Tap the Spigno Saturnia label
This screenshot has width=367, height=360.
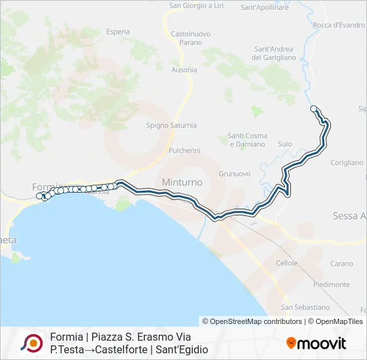pyautogui.click(x=171, y=125)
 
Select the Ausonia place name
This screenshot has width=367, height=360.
pyautogui.click(x=184, y=69)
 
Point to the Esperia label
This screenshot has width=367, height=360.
pyautogui.click(x=117, y=31)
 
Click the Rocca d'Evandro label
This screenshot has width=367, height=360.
pyautogui.click(x=339, y=25)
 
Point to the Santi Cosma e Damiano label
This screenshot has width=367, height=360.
pyautogui.click(x=248, y=140)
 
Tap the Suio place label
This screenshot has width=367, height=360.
pyautogui.click(x=285, y=143)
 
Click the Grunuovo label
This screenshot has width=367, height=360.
pyautogui.click(x=234, y=173)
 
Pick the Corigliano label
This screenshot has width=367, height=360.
pyautogui.click(x=347, y=162)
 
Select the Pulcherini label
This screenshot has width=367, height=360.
pyautogui.click(x=185, y=151)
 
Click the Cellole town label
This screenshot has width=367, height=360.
pyautogui.click(x=287, y=263)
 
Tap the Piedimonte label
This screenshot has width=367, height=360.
pyautogui.click(x=331, y=285)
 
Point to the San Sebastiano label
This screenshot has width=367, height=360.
pyautogui.click(x=305, y=307)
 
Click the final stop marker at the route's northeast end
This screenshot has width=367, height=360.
pyautogui.click(x=314, y=108)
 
